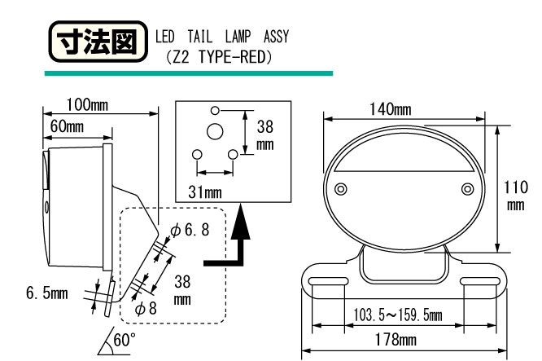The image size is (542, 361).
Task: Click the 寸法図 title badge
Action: pos(98,42)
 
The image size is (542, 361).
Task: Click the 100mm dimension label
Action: pos(87,104)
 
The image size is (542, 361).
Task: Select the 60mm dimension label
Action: pos(67,126)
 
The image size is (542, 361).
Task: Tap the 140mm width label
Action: pos(391,109)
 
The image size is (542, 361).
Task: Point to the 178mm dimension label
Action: pos(396,340)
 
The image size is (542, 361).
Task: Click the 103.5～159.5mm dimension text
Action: pos(397,315)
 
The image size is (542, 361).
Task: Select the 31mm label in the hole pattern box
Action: pos(205,192)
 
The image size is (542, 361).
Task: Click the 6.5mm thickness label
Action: pos(47,293)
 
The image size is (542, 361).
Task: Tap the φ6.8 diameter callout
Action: pos(190,230)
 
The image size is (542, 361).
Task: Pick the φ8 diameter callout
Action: pos(146,308)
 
